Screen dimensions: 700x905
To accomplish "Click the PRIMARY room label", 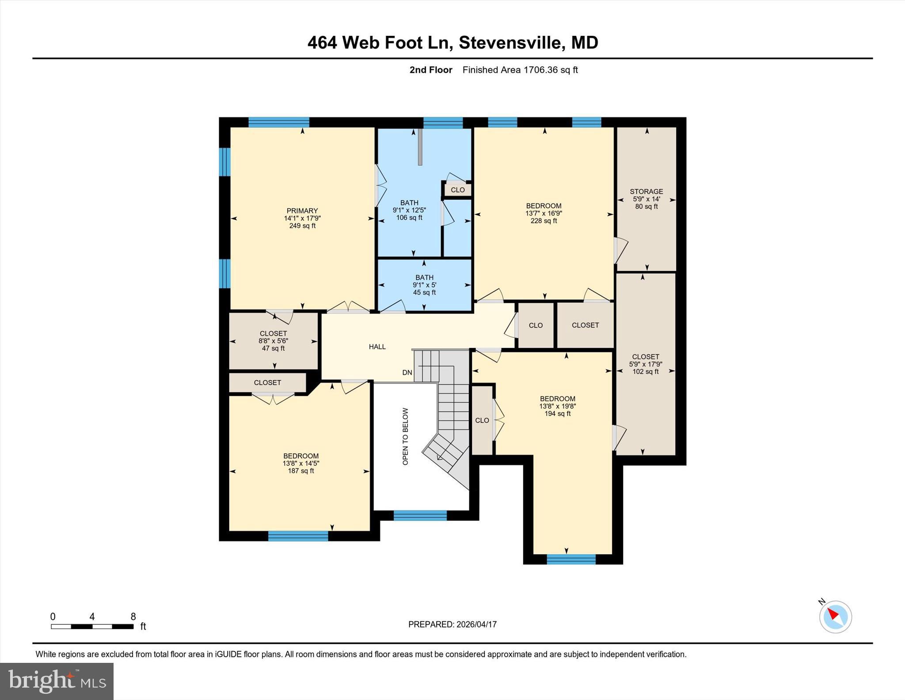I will pyautogui.click(x=302, y=211).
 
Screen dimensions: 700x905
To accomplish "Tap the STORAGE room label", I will pyautogui.click(x=646, y=191).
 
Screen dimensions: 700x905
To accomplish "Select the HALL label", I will pyautogui.click(x=377, y=347).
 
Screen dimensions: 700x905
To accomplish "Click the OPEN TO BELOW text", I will pyautogui.click(x=405, y=436).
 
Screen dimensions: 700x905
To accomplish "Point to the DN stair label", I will pyautogui.click(x=407, y=373).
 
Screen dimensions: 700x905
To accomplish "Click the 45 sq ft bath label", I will pyautogui.click(x=424, y=292).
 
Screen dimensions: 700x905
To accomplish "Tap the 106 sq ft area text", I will pyautogui.click(x=409, y=218).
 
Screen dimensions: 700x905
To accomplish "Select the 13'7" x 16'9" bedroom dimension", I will pyautogui.click(x=544, y=213).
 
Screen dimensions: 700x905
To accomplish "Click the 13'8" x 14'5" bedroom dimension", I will pyautogui.click(x=301, y=463).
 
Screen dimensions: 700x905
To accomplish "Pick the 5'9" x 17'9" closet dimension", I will pyautogui.click(x=646, y=364).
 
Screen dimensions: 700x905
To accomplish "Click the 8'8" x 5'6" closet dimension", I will pyautogui.click(x=273, y=341).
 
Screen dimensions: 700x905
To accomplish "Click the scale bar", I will pyautogui.click(x=92, y=626).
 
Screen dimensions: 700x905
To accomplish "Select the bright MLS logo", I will pyautogui.click(x=57, y=681).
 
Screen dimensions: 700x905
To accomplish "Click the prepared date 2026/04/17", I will pyautogui.click(x=476, y=624).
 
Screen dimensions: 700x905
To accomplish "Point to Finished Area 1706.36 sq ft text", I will pyautogui.click(x=520, y=70).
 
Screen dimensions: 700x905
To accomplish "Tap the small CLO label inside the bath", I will pyautogui.click(x=457, y=190).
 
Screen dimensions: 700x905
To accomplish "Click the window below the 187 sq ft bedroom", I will pyautogui.click(x=298, y=536).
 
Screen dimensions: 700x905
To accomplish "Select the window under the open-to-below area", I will pyautogui.click(x=420, y=515).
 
